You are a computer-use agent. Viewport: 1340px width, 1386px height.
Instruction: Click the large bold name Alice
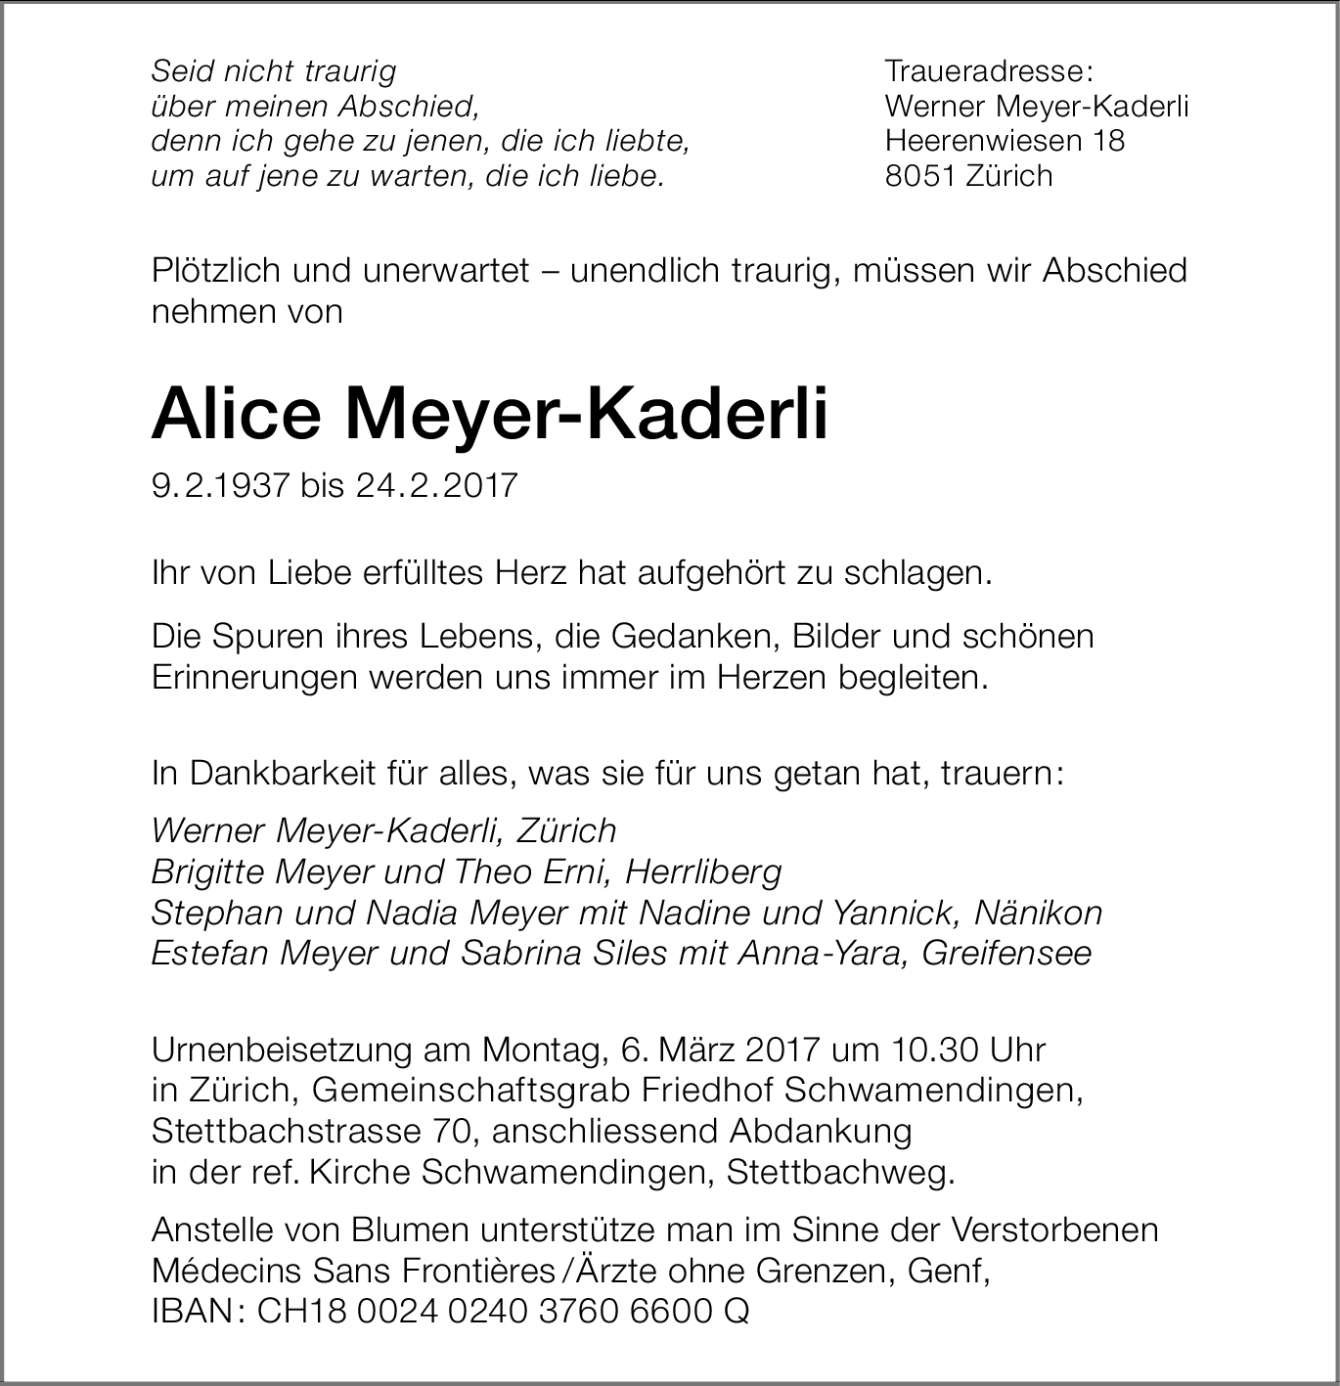[x=236, y=414]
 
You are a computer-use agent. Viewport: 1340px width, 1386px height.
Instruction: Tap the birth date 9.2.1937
[x=221, y=485]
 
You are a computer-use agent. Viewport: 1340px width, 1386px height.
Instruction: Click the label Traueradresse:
[x=988, y=71]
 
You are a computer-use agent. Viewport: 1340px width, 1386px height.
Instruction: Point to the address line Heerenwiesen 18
[x=1005, y=141]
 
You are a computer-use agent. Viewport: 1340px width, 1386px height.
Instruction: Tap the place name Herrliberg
[x=704, y=871]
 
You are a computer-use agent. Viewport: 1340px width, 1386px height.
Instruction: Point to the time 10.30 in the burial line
[x=935, y=1050]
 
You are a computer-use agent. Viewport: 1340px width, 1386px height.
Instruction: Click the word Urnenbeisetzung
[x=283, y=1050]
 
